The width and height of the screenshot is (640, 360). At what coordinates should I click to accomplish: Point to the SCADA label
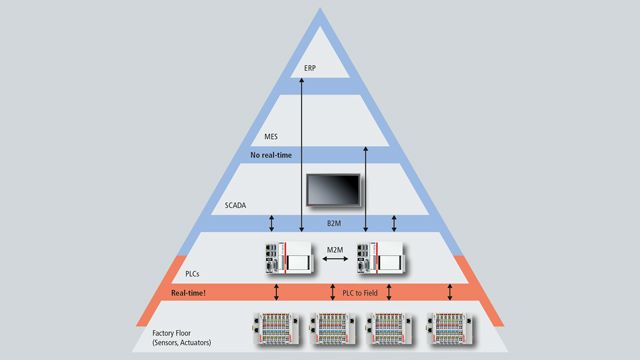click(x=238, y=206)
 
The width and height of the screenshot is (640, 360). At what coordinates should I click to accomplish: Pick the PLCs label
click(x=197, y=272)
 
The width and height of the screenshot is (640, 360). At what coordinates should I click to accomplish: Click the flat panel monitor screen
click(x=335, y=190)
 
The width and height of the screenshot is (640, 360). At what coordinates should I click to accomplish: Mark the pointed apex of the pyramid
click(x=320, y=10)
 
